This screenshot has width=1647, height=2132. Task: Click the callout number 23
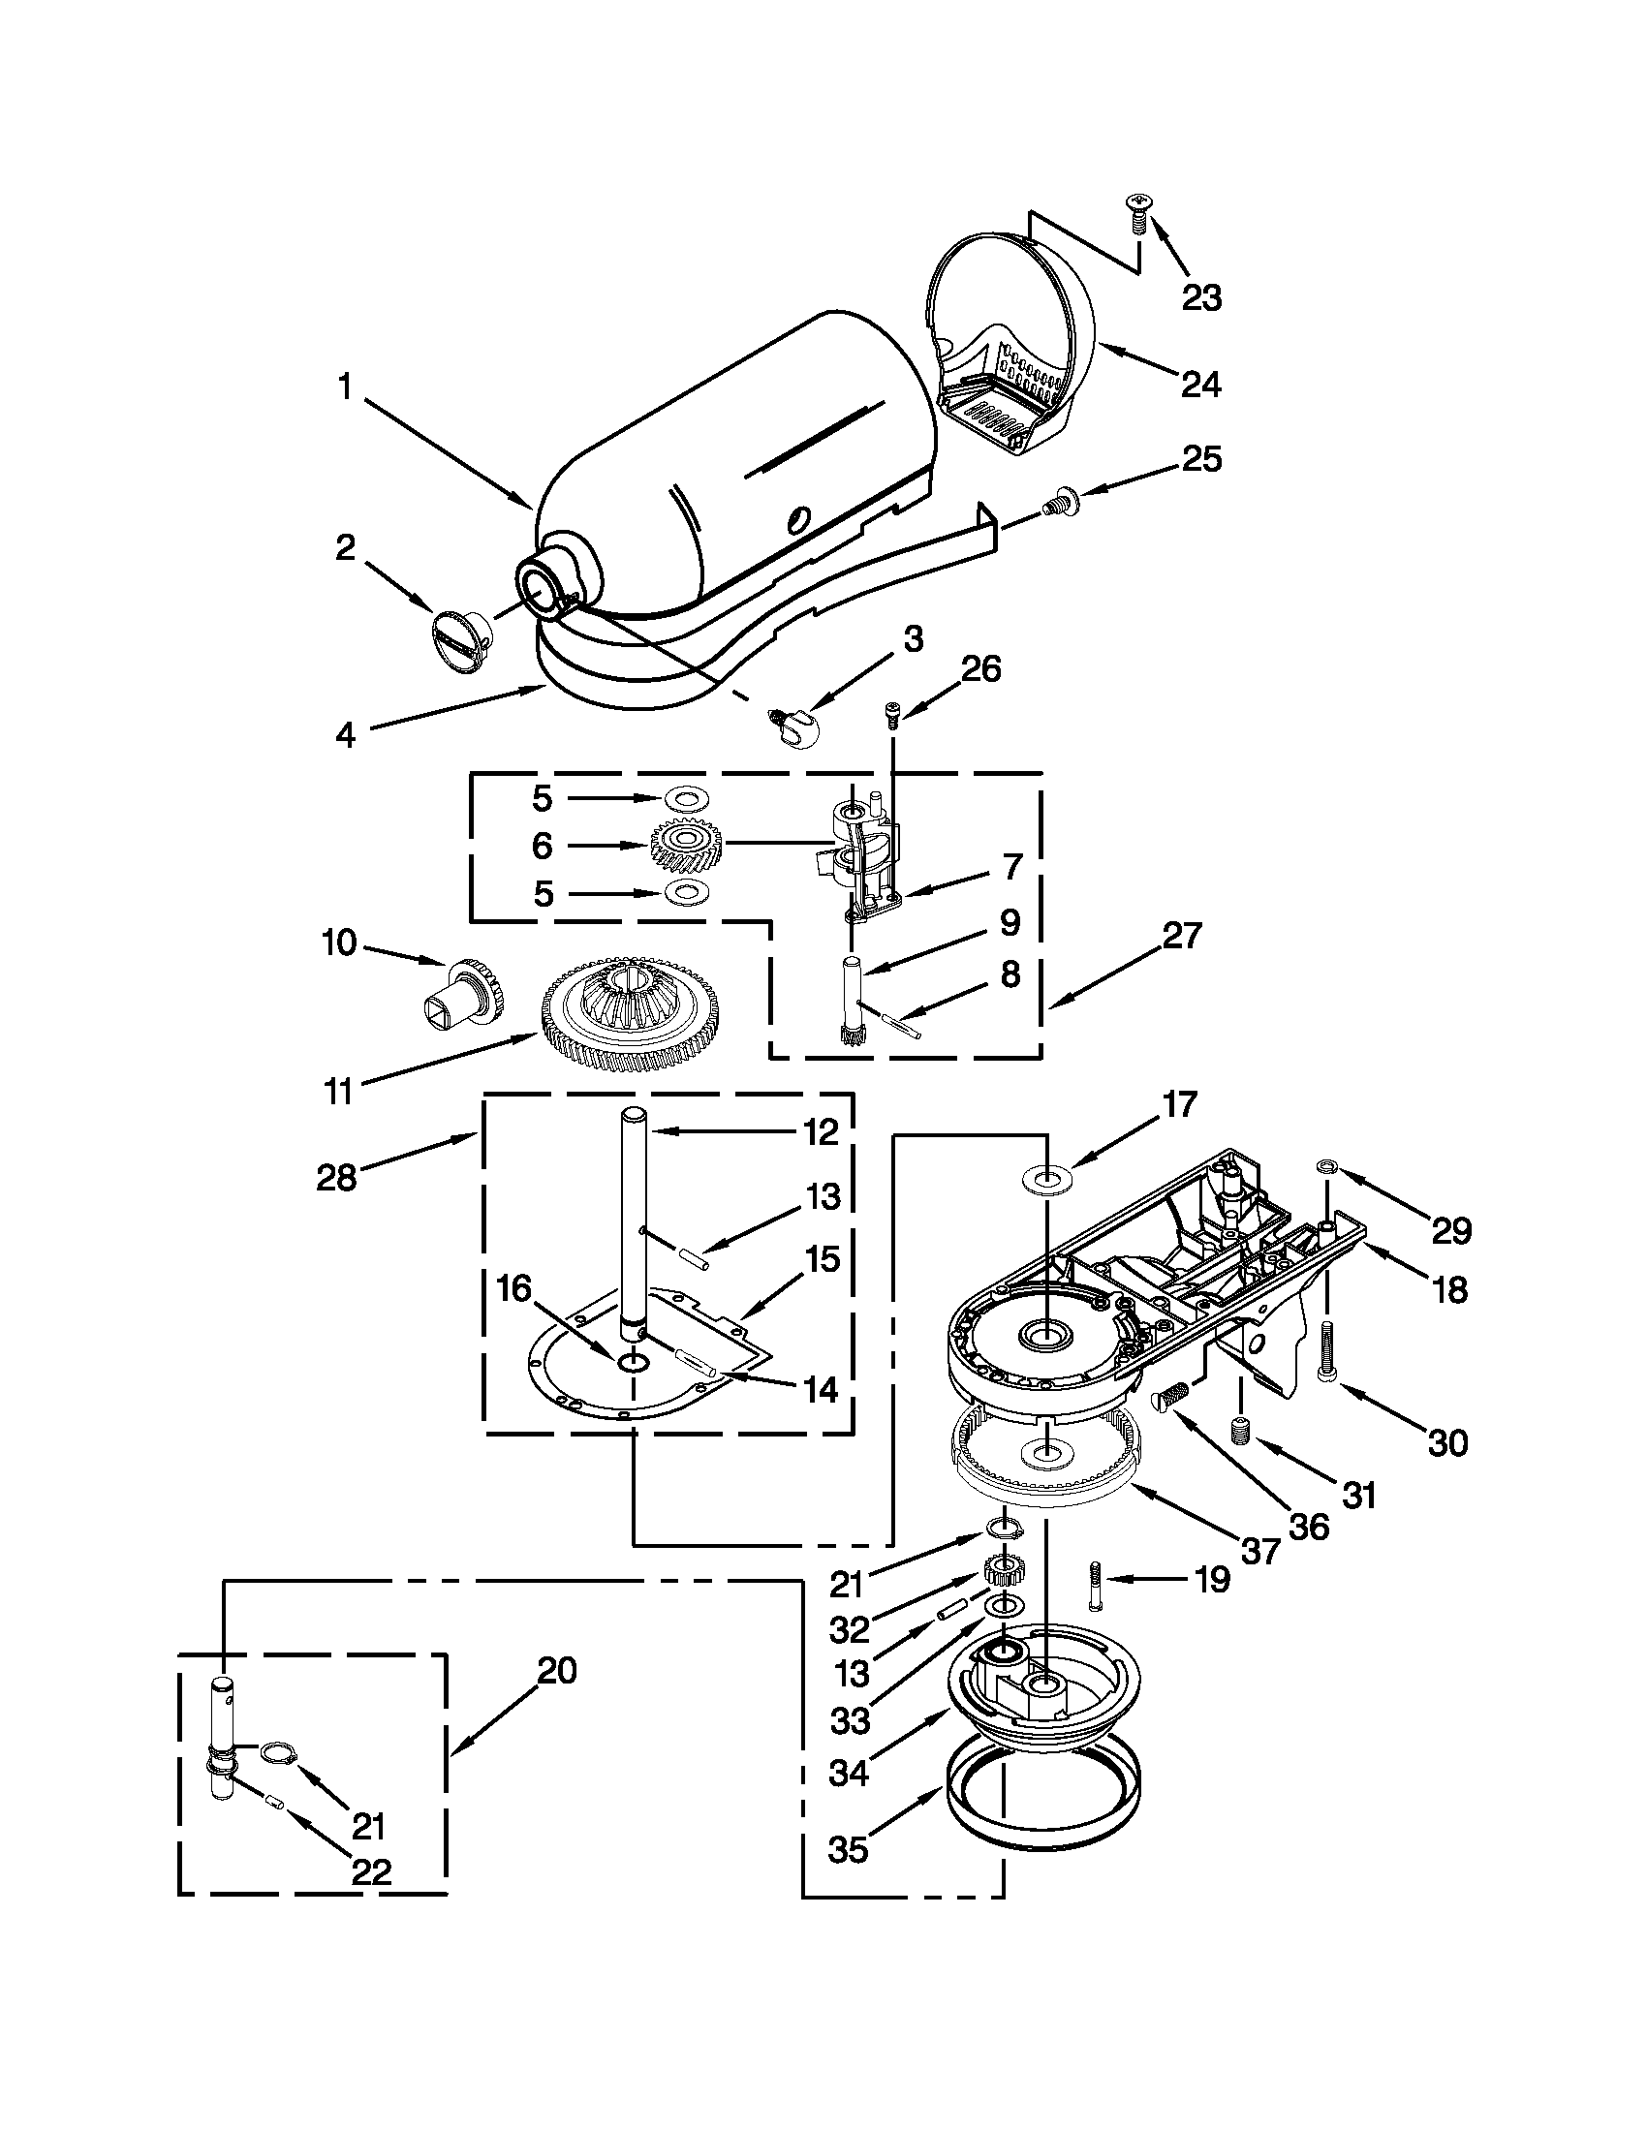(x=1200, y=297)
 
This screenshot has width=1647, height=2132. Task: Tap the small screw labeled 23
(x=1137, y=213)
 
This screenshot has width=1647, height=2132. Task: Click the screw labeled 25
(x=1056, y=505)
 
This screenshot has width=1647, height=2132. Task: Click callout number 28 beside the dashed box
(x=336, y=1177)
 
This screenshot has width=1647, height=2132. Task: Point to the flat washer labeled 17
(x=1046, y=1180)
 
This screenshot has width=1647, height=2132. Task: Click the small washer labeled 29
(x=1326, y=1164)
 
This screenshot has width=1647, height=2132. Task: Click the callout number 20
(x=556, y=1671)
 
